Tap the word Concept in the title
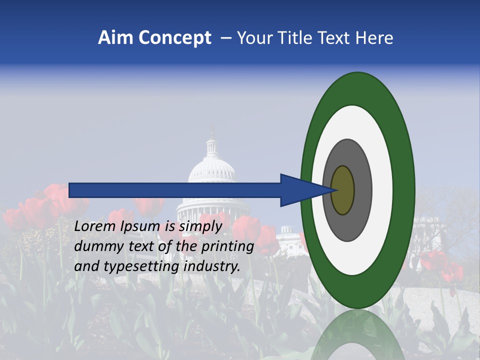[175, 38]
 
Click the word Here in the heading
[374, 38]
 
